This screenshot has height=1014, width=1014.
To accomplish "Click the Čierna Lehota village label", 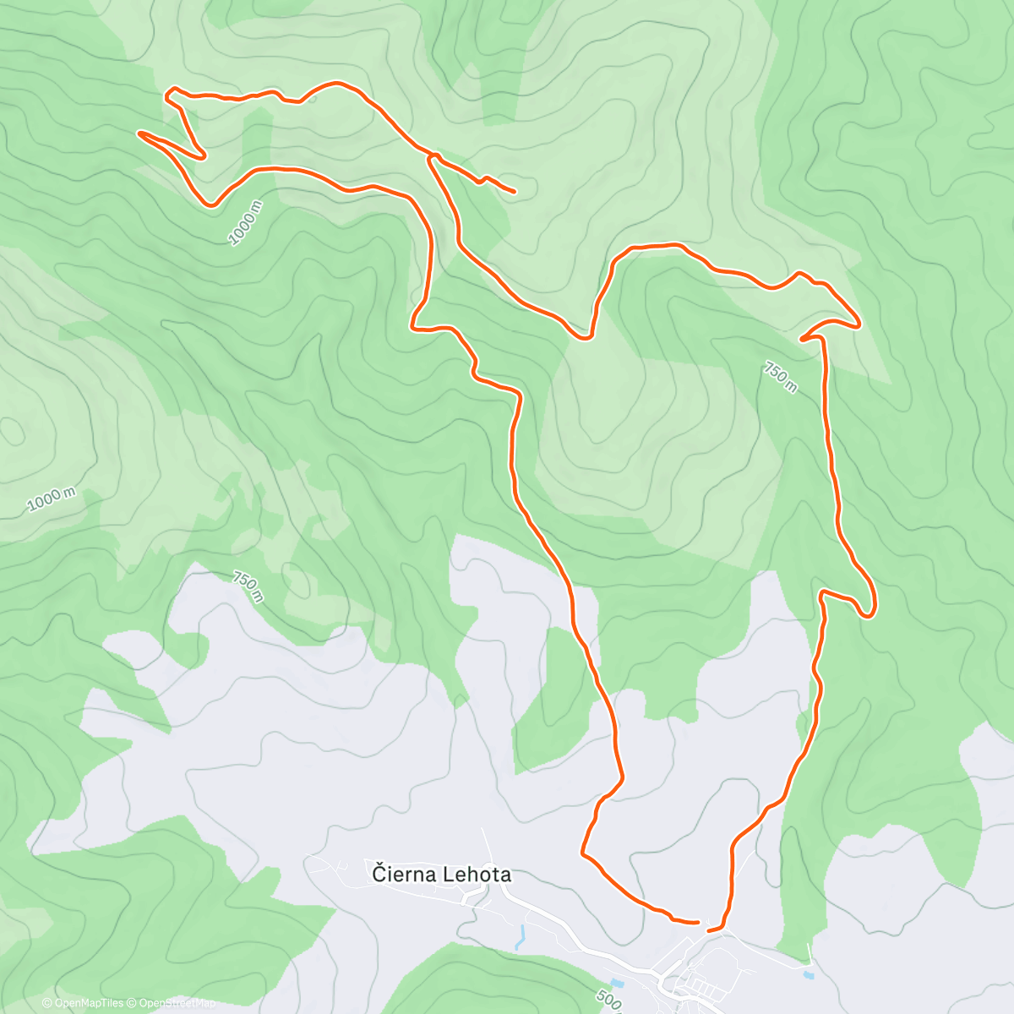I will tap(441, 875).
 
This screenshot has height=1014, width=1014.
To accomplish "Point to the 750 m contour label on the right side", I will tap(780, 377).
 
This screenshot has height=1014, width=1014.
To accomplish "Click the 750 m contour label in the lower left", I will tap(248, 588).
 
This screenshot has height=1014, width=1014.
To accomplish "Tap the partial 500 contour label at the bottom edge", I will tap(608, 1002).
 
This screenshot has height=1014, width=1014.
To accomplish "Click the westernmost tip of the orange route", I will tap(139, 133).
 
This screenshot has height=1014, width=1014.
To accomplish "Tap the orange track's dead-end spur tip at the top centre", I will tap(514, 192).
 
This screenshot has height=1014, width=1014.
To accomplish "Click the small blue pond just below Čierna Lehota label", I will tap(521, 935).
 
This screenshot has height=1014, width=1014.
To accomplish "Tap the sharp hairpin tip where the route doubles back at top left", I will tap(203, 155).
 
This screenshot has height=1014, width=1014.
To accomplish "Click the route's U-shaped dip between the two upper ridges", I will tap(583, 338).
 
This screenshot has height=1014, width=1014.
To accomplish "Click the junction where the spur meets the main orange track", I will tap(431, 156).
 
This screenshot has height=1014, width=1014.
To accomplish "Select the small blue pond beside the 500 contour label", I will tap(624, 984).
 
